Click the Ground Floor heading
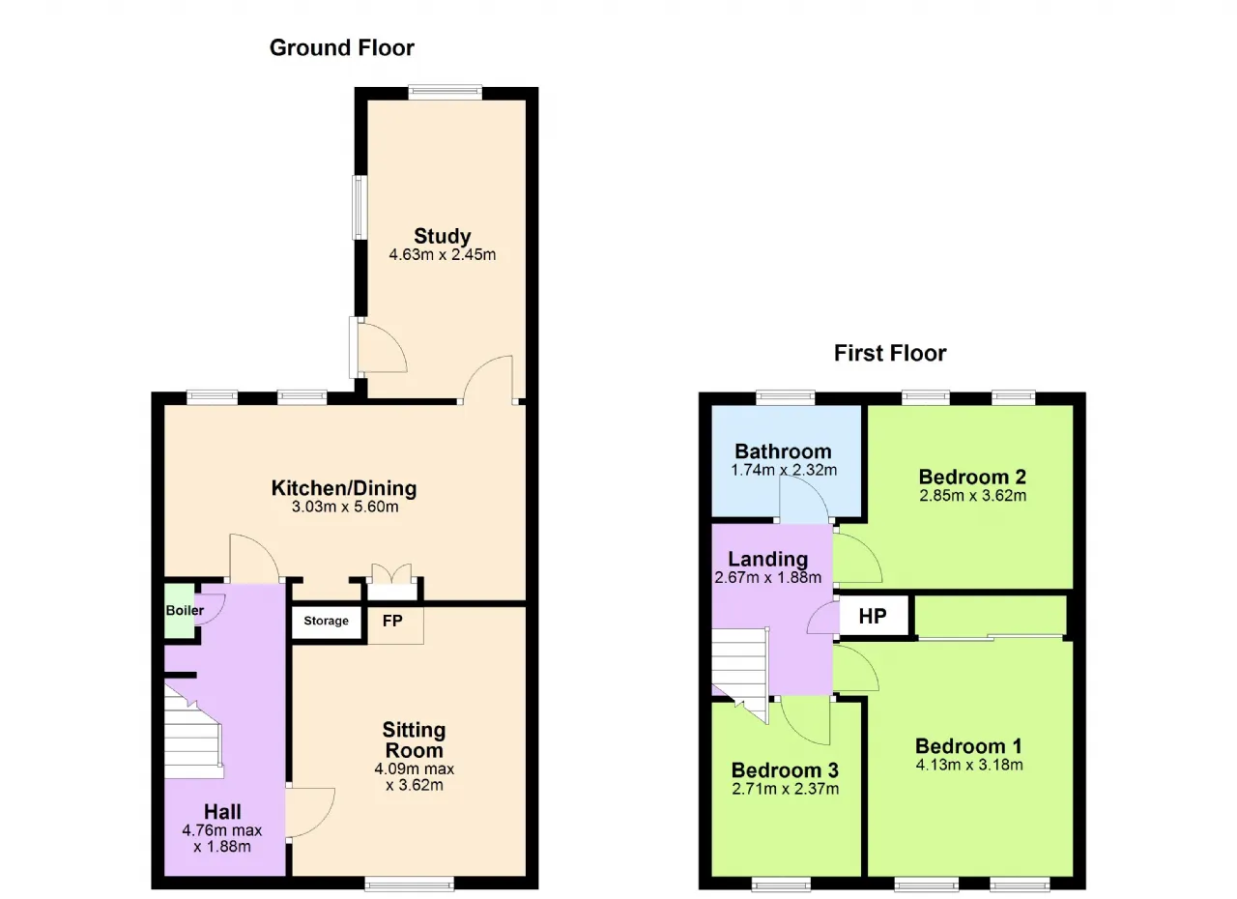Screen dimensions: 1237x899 (x=342, y=48)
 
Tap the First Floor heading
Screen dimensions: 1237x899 (x=890, y=354)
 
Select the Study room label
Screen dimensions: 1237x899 (x=443, y=236)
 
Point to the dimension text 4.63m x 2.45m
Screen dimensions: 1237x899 (x=443, y=255)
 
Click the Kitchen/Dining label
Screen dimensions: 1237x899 (x=344, y=488)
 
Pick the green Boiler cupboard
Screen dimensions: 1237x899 (x=180, y=611)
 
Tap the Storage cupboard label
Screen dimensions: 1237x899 (x=326, y=621)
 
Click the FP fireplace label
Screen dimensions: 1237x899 (x=392, y=621)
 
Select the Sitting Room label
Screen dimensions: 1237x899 (x=415, y=739)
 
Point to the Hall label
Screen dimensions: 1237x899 (x=222, y=812)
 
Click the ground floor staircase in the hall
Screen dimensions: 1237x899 (x=193, y=735)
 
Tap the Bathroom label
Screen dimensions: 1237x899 (x=783, y=451)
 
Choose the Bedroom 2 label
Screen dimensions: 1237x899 (x=972, y=477)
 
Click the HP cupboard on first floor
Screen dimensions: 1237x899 (x=873, y=616)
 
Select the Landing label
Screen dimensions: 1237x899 (x=767, y=560)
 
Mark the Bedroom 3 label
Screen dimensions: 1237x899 (x=785, y=769)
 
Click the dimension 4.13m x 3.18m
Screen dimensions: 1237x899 (x=969, y=765)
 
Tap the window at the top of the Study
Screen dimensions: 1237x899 (x=446, y=93)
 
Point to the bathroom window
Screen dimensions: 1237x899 (x=786, y=397)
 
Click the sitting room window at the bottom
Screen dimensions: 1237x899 (x=409, y=884)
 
